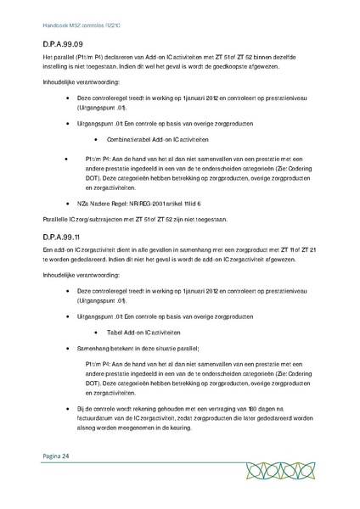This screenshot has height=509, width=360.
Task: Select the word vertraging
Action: (x=205, y=410)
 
